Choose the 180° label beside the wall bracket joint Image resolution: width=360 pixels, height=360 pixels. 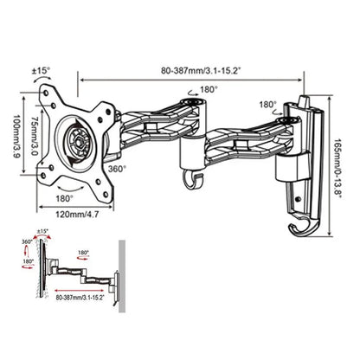click(x=266, y=105)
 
